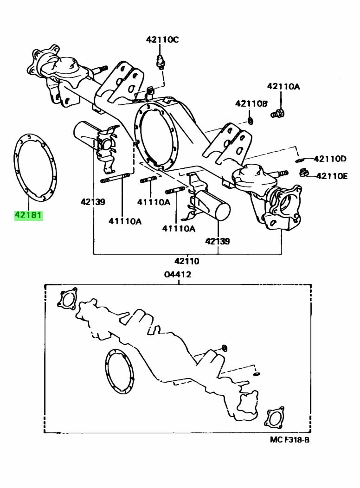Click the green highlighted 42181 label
pyautogui.click(x=28, y=215)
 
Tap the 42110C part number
pyautogui.click(x=162, y=40)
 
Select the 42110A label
pyautogui.click(x=283, y=86)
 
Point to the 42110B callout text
pyautogui.click(x=251, y=103)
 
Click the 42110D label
pyautogui.click(x=330, y=159)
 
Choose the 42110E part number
pyautogui.click(x=332, y=176)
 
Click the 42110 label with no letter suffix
pyautogui.click(x=187, y=261)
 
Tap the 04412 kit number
pyautogui.click(x=177, y=274)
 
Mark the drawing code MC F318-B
pyautogui.click(x=289, y=439)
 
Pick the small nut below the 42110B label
pyautogui.click(x=250, y=121)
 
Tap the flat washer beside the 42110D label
pyautogui.click(x=300, y=160)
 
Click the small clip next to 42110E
pyautogui.click(x=304, y=173)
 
